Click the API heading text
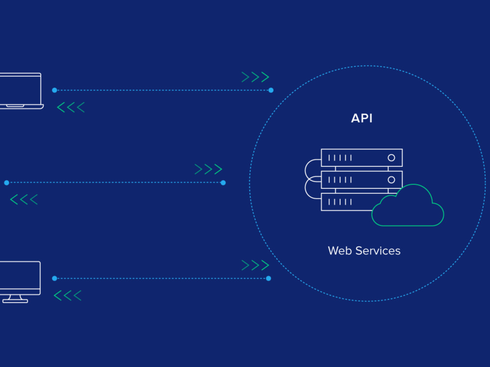point(362,118)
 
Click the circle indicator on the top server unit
point(391,158)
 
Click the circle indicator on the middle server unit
point(391,180)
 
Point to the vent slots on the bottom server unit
point(340,202)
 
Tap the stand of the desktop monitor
point(15,299)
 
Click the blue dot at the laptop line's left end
point(55,90)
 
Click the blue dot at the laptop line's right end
point(271,90)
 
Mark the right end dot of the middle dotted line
point(223,183)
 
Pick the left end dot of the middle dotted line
point(6,183)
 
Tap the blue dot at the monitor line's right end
point(269,278)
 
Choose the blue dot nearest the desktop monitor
point(55,278)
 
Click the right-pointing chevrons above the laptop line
point(255,77)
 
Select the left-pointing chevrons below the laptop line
point(71,107)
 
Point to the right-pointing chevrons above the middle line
point(208,169)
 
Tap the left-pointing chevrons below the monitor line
point(68,296)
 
